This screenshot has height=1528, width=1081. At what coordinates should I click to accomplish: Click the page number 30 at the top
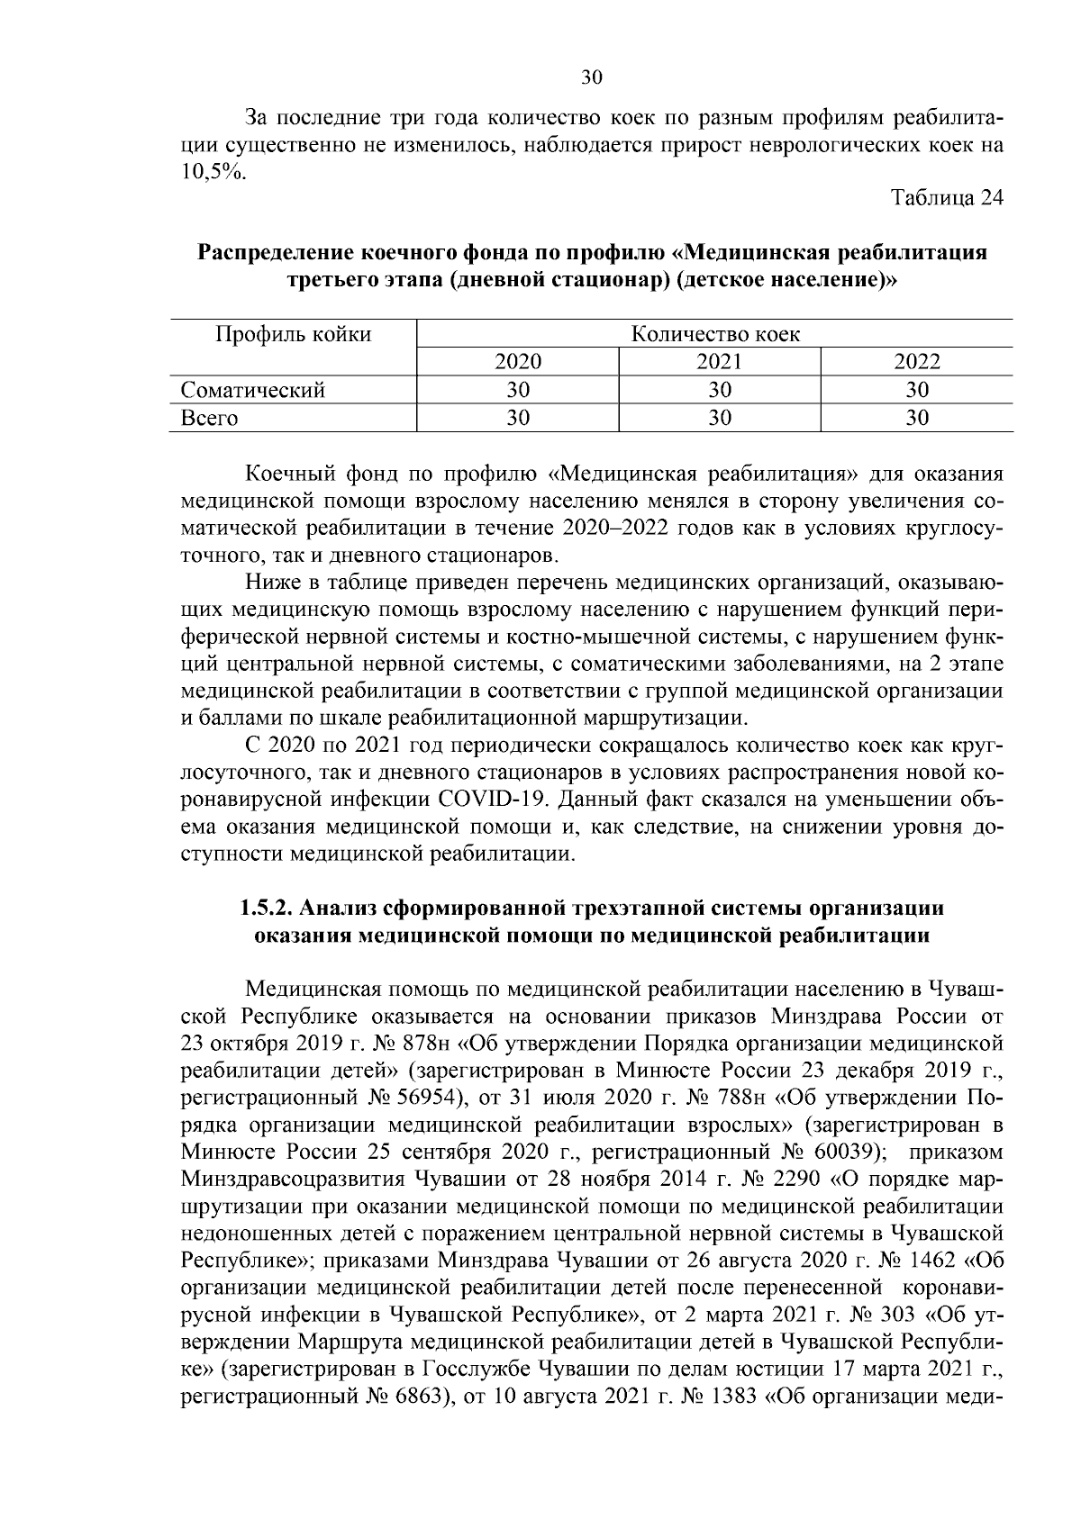tap(591, 77)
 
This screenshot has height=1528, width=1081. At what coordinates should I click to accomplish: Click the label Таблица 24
tap(947, 198)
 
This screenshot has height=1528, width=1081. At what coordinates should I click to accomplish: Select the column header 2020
tap(518, 362)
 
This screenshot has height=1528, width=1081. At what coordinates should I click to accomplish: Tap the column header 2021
tap(720, 362)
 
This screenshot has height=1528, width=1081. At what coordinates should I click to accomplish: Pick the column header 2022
tap(916, 362)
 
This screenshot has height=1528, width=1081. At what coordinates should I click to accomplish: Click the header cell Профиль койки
tap(293, 335)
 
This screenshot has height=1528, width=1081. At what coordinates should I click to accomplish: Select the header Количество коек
tap(715, 335)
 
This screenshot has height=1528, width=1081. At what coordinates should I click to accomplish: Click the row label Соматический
tap(253, 390)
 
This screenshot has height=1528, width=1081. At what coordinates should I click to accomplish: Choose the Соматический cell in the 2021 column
tap(720, 390)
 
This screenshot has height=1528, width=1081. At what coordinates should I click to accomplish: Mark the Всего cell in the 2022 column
tap(916, 418)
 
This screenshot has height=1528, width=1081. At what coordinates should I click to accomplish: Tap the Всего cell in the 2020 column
tap(518, 418)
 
